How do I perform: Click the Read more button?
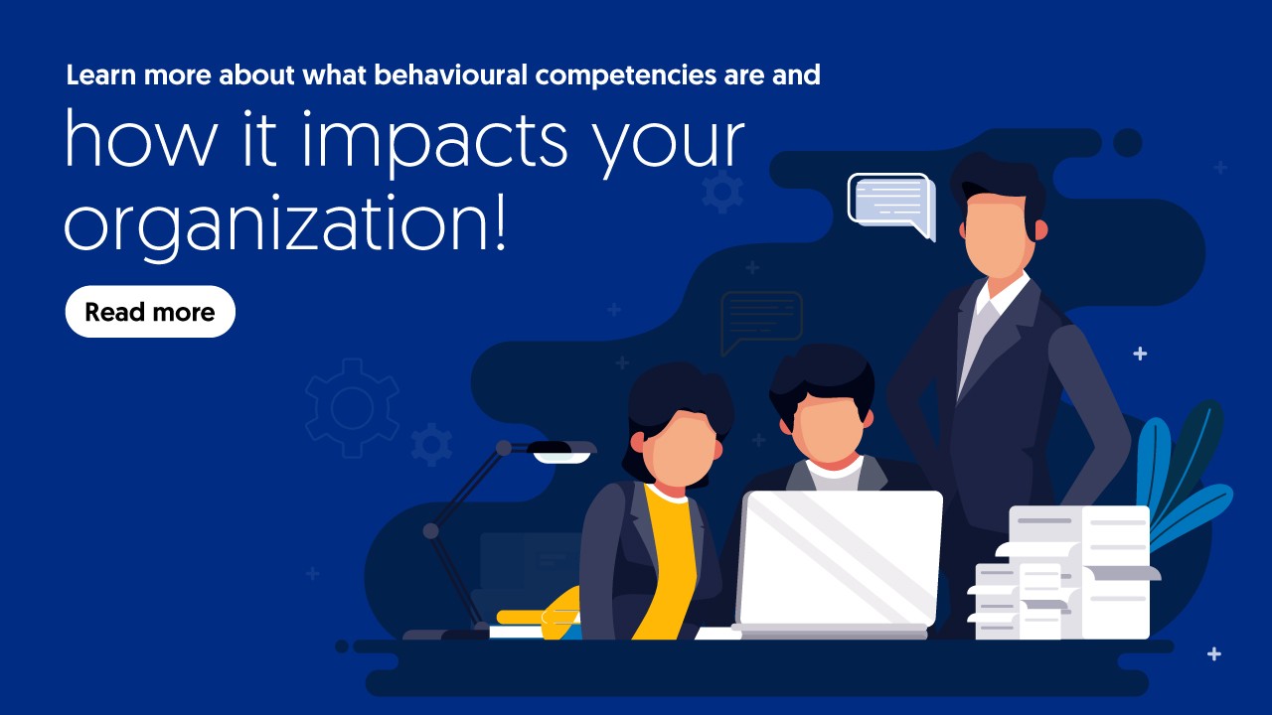pyautogui.click(x=150, y=312)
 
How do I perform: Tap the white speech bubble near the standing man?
pyautogui.click(x=889, y=201)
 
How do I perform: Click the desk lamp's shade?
pyautogui.click(x=562, y=451)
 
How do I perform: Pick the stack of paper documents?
pyautogui.click(x=1063, y=574)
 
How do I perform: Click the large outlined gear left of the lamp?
pyautogui.click(x=352, y=408)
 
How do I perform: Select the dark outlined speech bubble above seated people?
pyautogui.click(x=760, y=318)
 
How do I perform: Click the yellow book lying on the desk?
pyautogui.click(x=537, y=616)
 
